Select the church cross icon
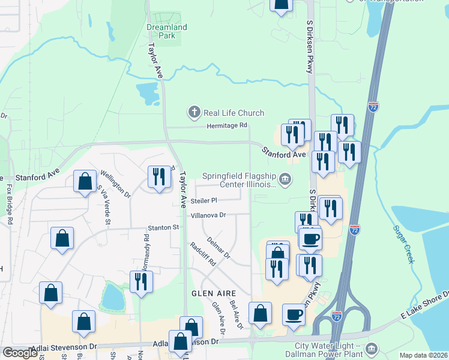click(194, 112)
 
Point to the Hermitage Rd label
click(227, 125)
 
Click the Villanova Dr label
click(208, 215)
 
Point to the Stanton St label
click(164, 227)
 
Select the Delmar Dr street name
click(218, 247)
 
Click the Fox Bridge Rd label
click(10, 204)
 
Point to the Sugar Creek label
click(404, 244)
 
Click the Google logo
click(20, 353)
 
